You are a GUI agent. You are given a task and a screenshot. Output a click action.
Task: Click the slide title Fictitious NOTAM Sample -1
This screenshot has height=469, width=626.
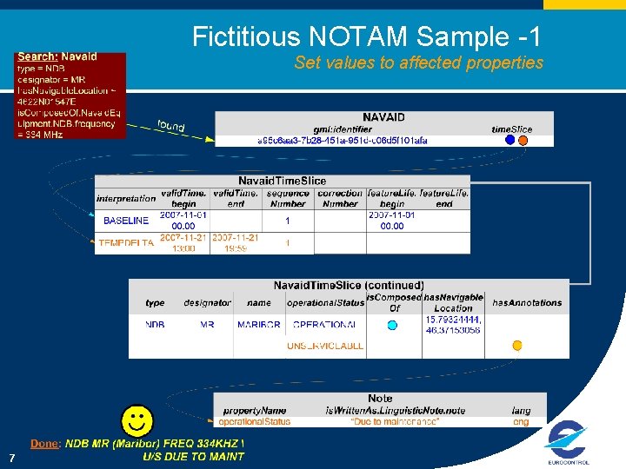366,36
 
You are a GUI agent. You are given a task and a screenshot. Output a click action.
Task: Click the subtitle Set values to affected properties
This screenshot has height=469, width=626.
418,63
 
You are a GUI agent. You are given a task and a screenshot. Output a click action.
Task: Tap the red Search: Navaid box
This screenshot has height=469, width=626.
70,95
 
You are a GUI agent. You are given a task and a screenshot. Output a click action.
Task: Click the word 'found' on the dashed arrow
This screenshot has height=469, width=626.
170,126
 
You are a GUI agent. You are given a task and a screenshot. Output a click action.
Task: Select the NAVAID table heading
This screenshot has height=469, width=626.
383,117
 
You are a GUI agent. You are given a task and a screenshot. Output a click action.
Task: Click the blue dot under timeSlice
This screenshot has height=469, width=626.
509,140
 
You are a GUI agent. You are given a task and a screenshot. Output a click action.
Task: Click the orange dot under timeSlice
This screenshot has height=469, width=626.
523,140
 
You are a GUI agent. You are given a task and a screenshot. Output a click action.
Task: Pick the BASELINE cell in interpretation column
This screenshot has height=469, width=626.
126,221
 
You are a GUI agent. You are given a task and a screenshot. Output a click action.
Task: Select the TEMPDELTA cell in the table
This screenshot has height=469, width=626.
126,243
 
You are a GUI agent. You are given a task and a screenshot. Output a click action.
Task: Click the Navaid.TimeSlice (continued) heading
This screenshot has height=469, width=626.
349,285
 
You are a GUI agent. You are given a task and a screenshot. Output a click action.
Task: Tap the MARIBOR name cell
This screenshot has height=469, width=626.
258,325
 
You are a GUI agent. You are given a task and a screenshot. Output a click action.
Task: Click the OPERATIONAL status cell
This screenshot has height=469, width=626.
324,325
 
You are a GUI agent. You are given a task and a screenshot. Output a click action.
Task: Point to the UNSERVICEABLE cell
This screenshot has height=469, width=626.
325,346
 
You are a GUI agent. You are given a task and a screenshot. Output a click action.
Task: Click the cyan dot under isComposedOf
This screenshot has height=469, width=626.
392,325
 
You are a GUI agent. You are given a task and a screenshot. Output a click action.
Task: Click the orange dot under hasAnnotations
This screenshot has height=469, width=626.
517,346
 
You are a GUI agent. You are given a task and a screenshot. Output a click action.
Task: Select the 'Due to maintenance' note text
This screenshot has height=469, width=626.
395,422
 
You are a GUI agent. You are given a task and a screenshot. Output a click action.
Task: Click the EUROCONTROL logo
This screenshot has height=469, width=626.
568,441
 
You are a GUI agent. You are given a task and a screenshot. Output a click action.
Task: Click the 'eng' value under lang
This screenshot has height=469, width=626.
521,422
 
